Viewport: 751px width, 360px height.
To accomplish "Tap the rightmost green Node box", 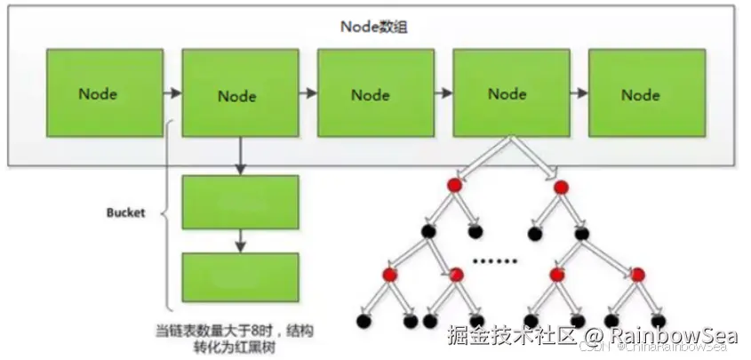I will click(x=640, y=93).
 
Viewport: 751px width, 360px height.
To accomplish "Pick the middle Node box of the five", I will click(x=370, y=93).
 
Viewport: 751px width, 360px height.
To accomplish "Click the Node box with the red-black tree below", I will click(x=507, y=93).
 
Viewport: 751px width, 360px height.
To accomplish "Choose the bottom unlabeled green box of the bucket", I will click(x=240, y=277).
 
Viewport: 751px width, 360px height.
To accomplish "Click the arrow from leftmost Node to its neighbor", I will click(x=172, y=92).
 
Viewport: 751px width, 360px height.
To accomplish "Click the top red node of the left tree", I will click(x=454, y=185).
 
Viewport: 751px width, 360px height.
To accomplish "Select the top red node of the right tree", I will click(x=561, y=187).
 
